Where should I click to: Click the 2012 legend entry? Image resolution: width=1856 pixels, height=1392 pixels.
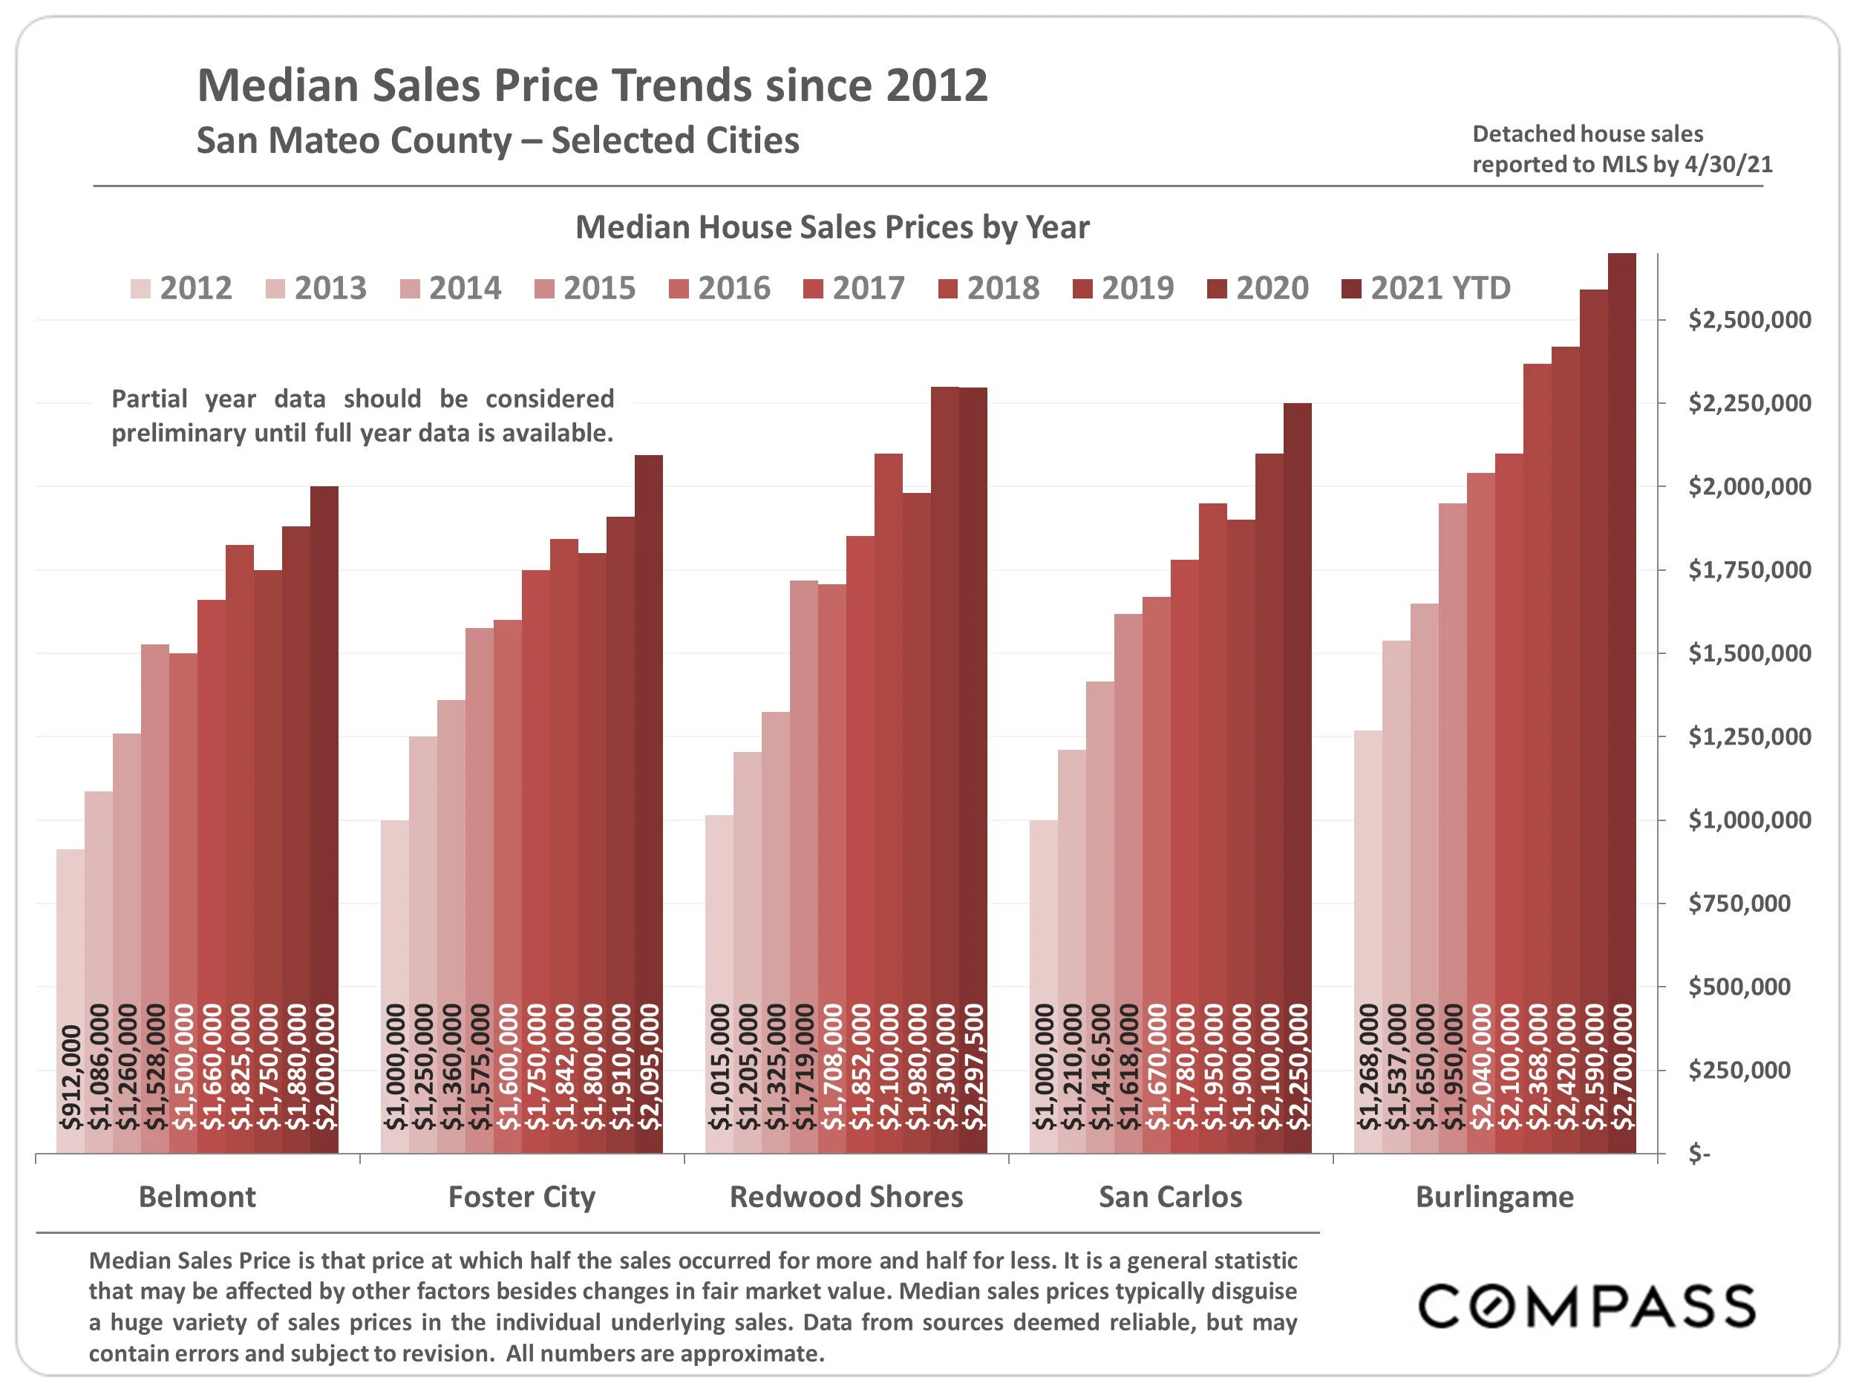point(181,289)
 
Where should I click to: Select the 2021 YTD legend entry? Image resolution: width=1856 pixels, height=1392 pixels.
point(1426,289)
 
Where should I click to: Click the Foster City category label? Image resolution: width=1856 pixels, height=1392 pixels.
point(522,1197)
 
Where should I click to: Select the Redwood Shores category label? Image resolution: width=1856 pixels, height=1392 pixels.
point(846,1197)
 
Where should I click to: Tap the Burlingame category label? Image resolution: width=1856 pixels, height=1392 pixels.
point(1494,1197)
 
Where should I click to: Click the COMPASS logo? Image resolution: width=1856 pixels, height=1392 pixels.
point(1587,1307)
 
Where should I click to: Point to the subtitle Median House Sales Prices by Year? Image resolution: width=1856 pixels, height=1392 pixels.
point(831,227)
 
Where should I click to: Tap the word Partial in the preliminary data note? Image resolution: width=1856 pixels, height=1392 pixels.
point(150,399)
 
